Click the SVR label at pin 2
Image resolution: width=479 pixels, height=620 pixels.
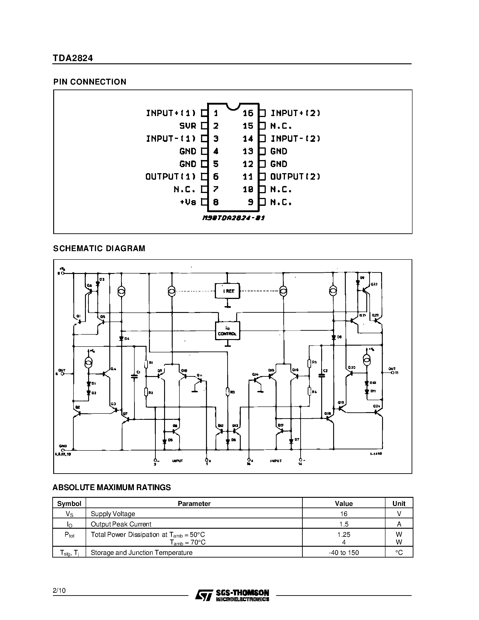coord(188,126)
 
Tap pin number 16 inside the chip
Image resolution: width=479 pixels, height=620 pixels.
coord(248,113)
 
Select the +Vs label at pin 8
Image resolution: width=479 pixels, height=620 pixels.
coord(188,202)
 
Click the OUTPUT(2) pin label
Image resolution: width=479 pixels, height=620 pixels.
coord(295,177)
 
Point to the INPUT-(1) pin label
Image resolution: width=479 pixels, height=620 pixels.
coord(171,138)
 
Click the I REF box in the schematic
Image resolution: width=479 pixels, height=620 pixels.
coord(227,291)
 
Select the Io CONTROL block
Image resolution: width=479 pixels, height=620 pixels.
coord(227,331)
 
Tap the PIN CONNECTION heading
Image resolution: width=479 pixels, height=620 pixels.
coord(90,82)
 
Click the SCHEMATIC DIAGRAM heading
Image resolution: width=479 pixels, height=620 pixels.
coord(99,248)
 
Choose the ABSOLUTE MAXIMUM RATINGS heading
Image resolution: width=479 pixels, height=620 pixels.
coord(112,487)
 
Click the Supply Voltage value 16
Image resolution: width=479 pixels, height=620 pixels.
coord(344,514)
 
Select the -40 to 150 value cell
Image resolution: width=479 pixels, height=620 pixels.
coord(344,552)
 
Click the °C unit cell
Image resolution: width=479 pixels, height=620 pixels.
coord(399,552)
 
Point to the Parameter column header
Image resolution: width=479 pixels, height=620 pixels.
coord(194,504)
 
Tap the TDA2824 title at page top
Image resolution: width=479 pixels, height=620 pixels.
coord(73,58)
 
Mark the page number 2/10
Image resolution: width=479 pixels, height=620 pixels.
coord(59,590)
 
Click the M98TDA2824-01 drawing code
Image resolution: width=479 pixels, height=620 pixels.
coord(233,218)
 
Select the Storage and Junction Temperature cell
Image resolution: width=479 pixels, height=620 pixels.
coord(141,552)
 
